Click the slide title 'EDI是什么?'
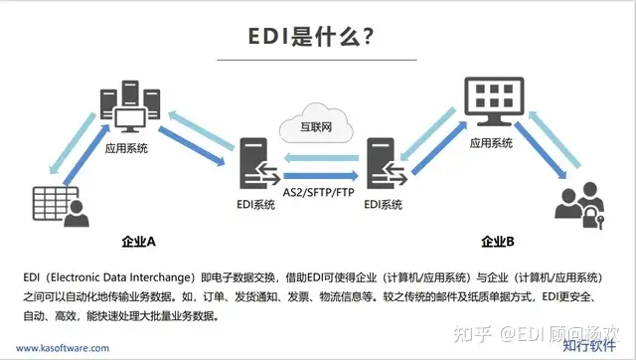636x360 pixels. tap(311, 37)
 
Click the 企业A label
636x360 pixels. tap(137, 241)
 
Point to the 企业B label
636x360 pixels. tap(497, 241)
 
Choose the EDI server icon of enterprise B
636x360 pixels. tap(384, 167)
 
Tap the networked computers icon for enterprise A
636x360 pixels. tap(126, 111)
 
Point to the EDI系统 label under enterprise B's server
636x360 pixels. tap(384, 205)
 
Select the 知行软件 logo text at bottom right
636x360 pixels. tap(590, 347)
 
